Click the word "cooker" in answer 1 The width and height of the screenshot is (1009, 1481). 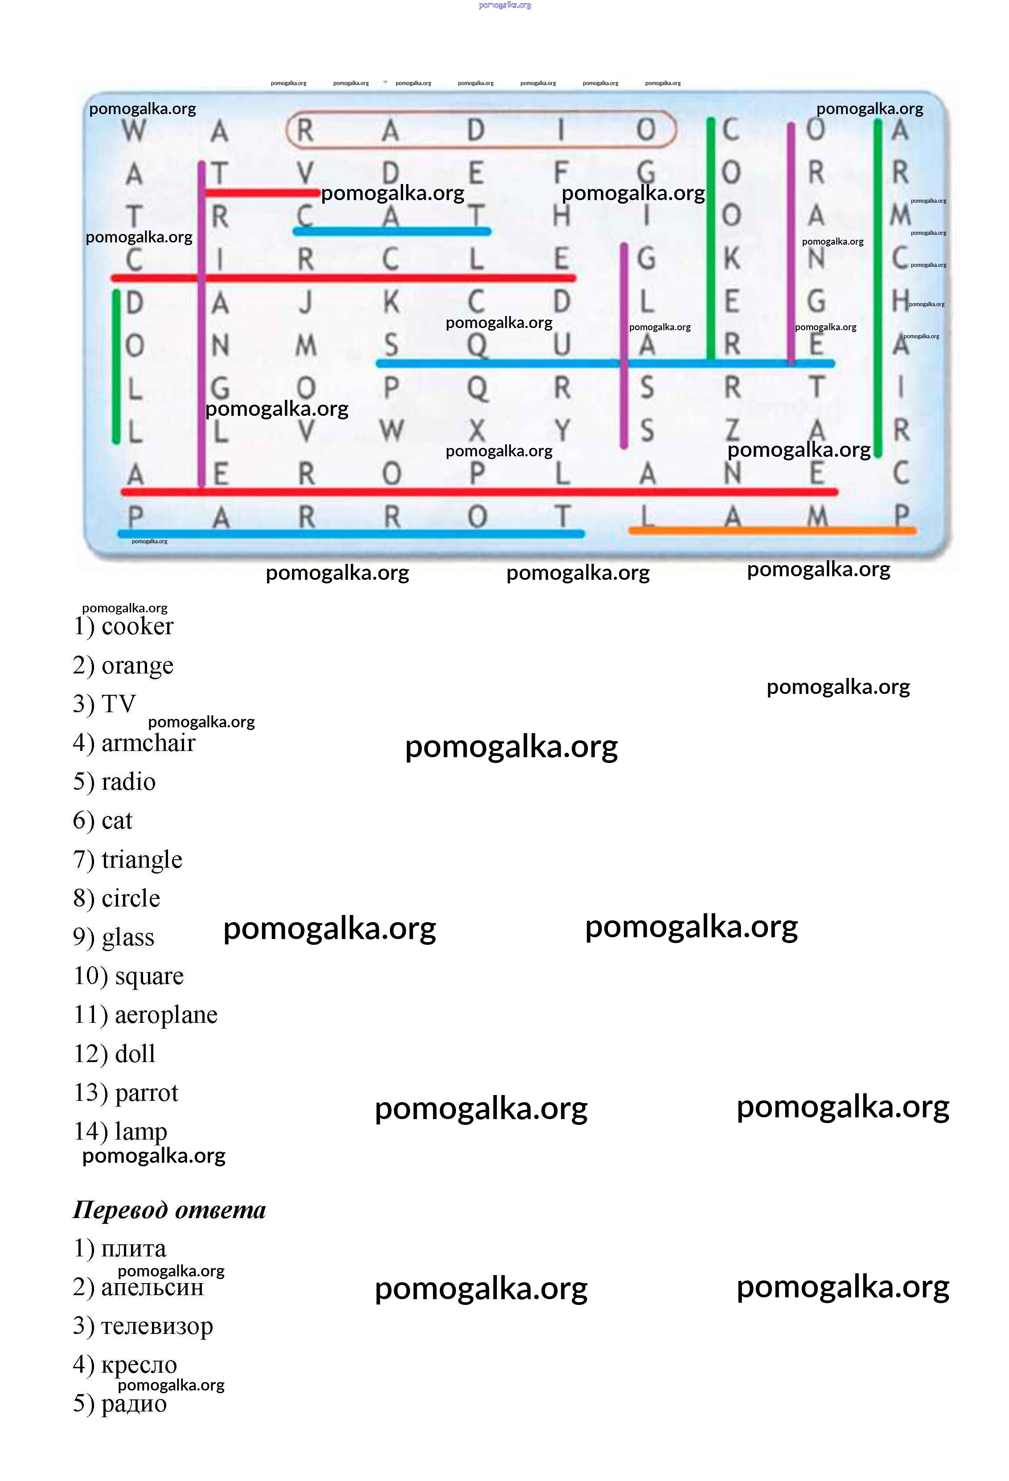137,627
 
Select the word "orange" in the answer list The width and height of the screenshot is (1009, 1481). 137,665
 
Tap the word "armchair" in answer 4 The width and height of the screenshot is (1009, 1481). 148,743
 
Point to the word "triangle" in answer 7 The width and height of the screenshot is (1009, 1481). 142,860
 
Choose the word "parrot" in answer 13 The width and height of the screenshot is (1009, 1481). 146,1093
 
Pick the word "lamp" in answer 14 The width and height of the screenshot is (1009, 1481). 141,1132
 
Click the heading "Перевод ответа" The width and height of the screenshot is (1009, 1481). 169,1210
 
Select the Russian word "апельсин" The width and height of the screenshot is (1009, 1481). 152,1287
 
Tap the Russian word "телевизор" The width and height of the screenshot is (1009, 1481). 157,1326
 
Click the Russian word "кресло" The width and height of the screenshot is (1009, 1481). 139,1365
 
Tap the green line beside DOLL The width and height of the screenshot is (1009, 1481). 116,366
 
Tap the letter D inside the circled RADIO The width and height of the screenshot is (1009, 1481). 476,131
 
